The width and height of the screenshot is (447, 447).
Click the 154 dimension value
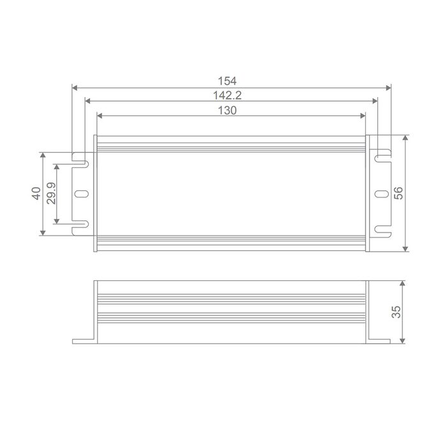coord(227,81)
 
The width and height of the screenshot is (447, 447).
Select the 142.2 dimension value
coord(227,95)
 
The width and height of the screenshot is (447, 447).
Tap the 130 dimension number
coord(227,110)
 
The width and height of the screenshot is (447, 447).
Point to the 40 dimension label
coord(36,193)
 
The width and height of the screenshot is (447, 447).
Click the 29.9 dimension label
coord(51,193)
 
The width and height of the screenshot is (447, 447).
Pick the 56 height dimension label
coord(398,193)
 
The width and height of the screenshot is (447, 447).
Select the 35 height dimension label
coord(397,312)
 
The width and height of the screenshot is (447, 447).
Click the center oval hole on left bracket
coord(81,194)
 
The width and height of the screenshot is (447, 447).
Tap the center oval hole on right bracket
coord(381,194)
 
